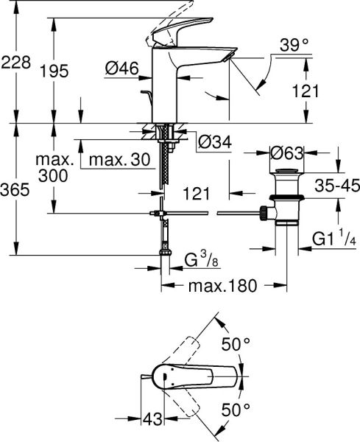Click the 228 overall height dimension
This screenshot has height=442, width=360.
click(15, 63)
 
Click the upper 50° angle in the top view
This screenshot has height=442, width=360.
click(237, 343)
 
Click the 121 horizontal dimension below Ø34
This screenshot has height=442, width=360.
click(194, 193)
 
